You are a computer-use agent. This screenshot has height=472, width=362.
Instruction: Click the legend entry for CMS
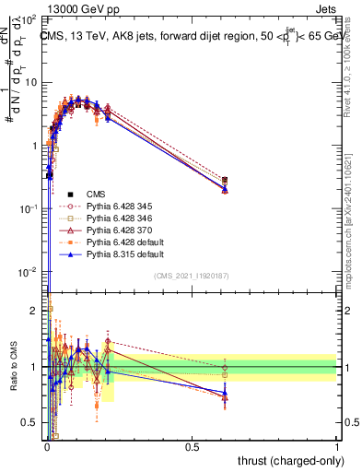click(97, 194)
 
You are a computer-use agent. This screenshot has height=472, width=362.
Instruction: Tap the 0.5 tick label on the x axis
click(192, 446)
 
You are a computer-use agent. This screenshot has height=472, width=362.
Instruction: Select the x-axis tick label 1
click(337, 446)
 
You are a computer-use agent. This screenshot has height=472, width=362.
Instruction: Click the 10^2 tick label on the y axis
click(29, 19)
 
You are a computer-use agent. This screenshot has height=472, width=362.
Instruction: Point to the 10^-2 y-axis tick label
click(29, 272)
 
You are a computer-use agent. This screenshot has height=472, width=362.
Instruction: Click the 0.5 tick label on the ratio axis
click(30, 423)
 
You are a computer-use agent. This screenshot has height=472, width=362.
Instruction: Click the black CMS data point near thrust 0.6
click(226, 181)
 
